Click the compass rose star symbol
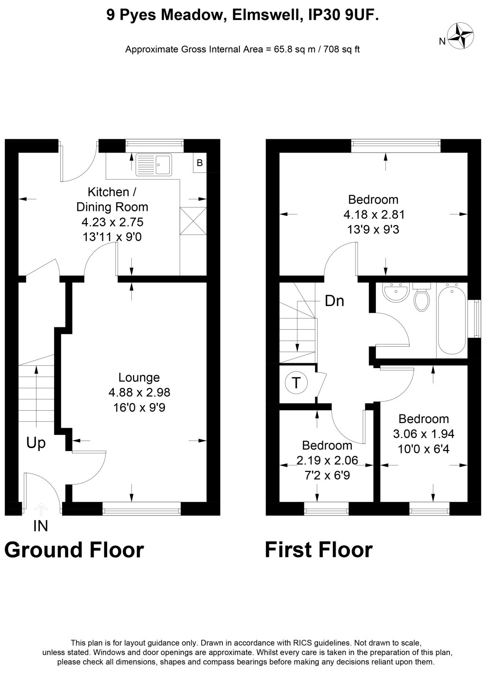coord(460,36)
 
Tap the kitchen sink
coord(154,164)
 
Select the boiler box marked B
coord(200,163)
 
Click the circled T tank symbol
coord(296,383)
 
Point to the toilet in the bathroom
coord(421,297)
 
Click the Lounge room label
coord(139,377)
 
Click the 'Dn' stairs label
coord(335,301)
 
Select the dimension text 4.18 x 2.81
coord(374,215)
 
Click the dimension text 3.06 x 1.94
coord(423,433)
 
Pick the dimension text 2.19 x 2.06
coord(327,460)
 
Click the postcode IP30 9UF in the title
coord(343,15)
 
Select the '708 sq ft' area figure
coord(341,49)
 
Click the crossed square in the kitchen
coord(193,221)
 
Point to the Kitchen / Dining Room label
coord(112,199)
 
